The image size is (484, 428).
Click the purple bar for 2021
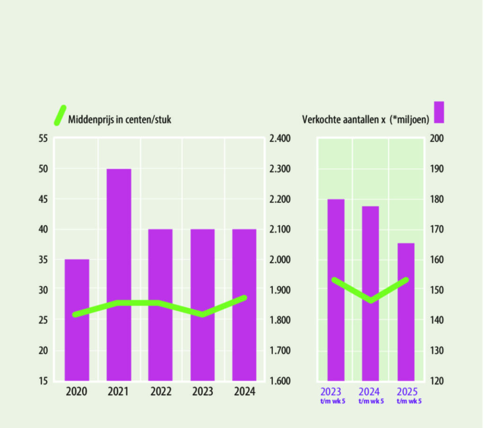pyautogui.click(x=119, y=274)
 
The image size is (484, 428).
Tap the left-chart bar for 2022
pyautogui.click(x=160, y=305)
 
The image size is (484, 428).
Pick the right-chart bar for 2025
pyautogui.click(x=406, y=312)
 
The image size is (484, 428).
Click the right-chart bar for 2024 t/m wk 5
pyautogui.click(x=370, y=293)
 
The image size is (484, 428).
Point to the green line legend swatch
pyautogui.click(x=60, y=115)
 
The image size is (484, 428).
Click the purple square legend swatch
pyautogui.click(x=439, y=112)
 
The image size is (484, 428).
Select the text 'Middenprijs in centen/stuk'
pyautogui.click(x=120, y=120)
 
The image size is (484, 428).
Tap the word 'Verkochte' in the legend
pyautogui.click(x=320, y=120)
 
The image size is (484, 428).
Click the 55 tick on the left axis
pyautogui.click(x=43, y=139)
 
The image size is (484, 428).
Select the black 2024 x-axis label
pyautogui.click(x=244, y=392)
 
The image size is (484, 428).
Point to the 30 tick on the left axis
pyautogui.click(x=43, y=290)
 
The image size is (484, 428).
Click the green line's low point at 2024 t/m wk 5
pyautogui.click(x=371, y=300)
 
